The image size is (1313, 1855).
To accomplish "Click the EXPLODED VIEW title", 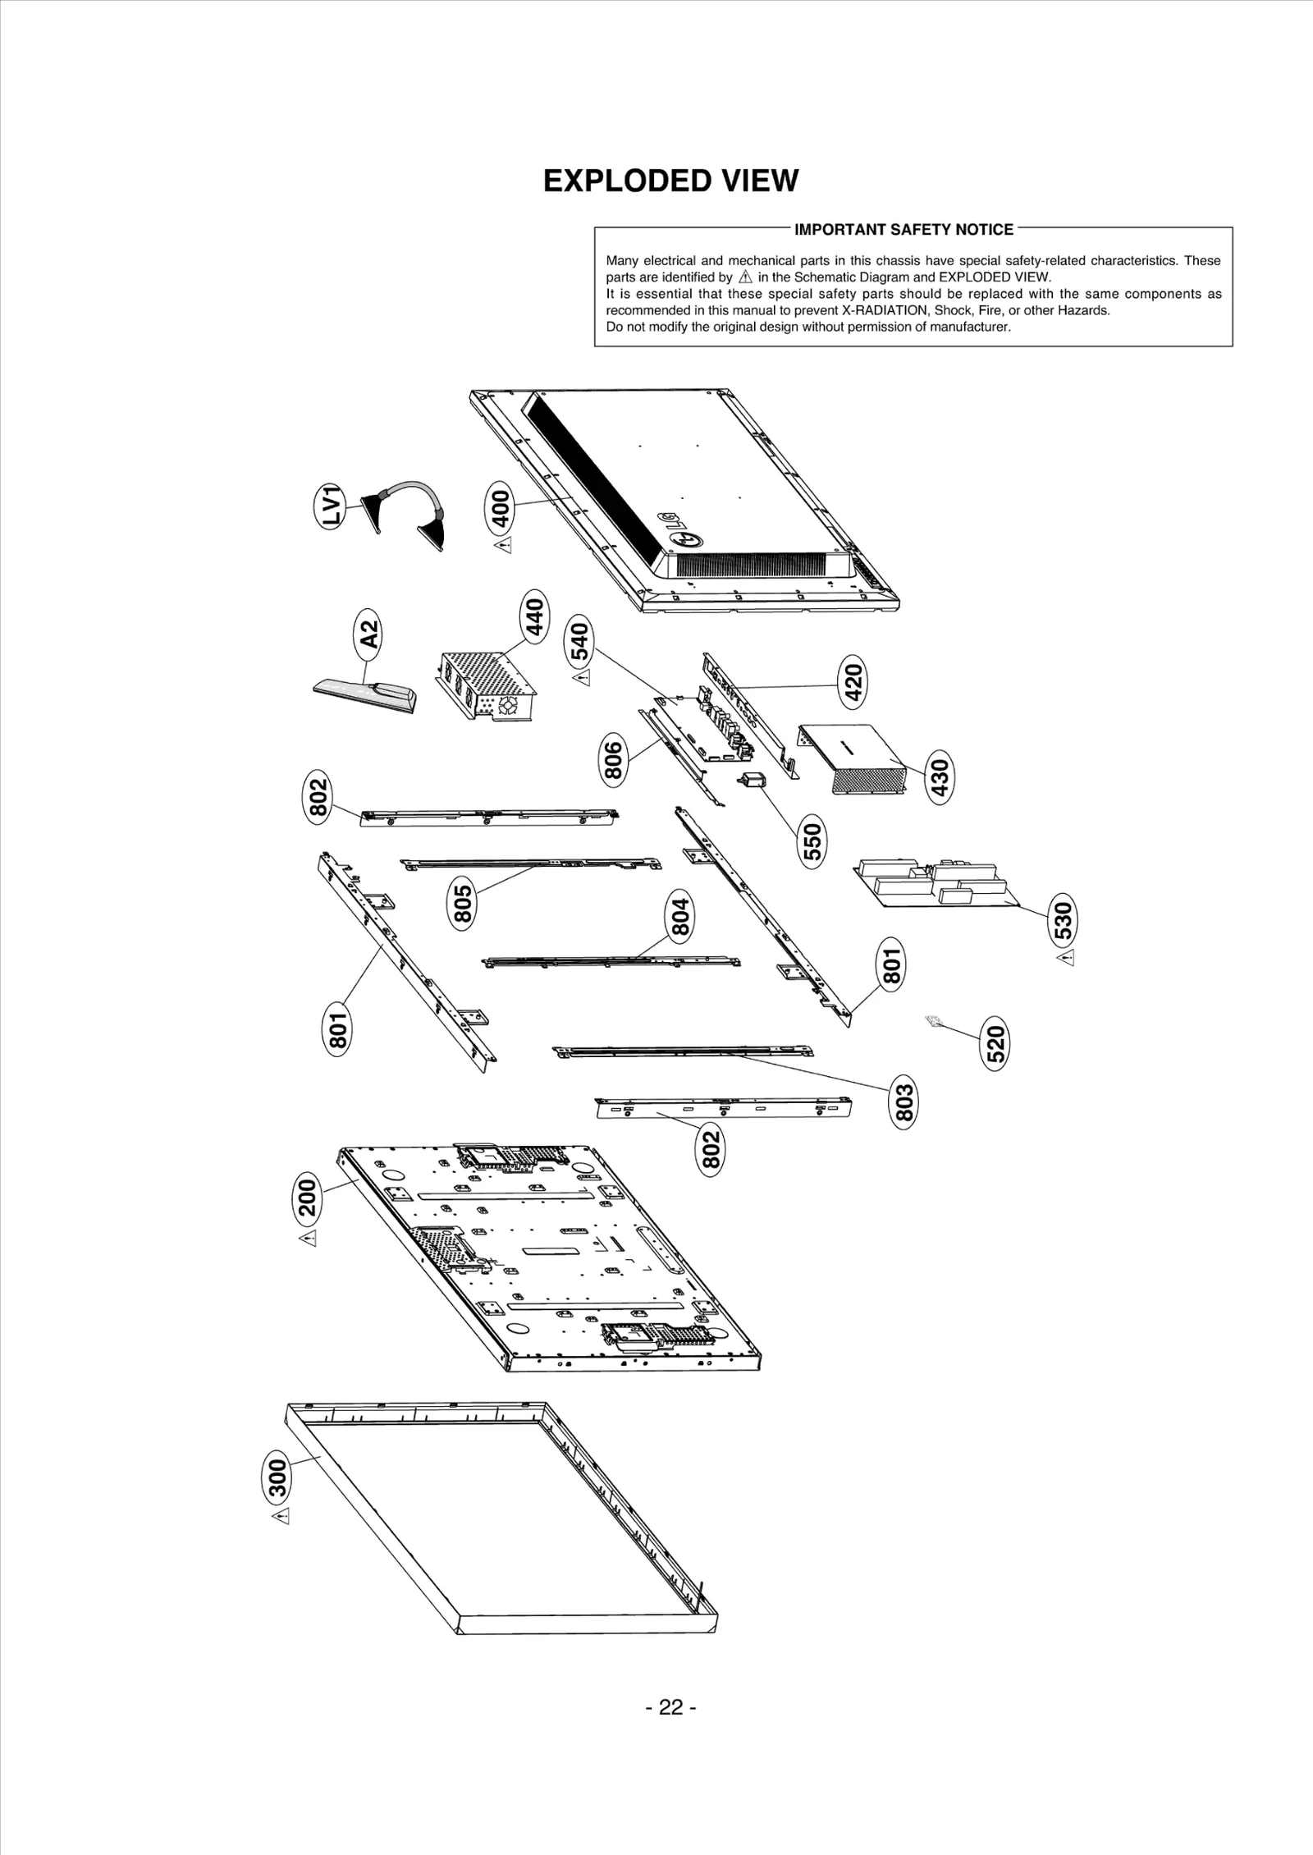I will (x=670, y=181).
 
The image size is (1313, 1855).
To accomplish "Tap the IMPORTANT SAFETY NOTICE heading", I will (x=904, y=230).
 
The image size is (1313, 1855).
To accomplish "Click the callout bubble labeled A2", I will (x=371, y=634).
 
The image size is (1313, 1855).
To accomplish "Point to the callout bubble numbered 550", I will (x=812, y=841).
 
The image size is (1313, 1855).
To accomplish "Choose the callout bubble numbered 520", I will (x=995, y=1044).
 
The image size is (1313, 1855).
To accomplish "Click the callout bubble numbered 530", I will (x=1063, y=919).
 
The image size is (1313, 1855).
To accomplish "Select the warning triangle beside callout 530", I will (x=1065, y=958).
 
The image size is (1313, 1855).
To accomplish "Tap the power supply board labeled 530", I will (x=936, y=882).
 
